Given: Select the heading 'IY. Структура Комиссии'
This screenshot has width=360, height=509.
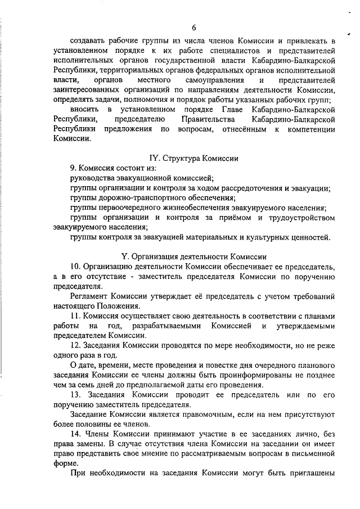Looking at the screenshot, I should point(195,159).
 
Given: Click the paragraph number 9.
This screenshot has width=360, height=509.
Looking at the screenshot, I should point(73,168).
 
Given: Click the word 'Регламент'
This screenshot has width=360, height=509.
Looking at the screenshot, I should point(92,296).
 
